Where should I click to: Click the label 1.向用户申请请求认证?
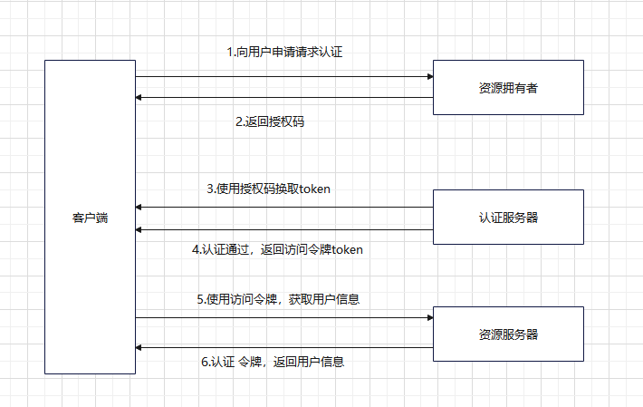pyautogui.click(x=284, y=53)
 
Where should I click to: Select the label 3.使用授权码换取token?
pyautogui.click(x=269, y=189)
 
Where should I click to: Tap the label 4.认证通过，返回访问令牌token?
pyautogui.click(x=277, y=249)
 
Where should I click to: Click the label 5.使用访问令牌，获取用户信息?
pyautogui.click(x=279, y=298)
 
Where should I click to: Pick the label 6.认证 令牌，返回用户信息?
pyautogui.click(x=272, y=362)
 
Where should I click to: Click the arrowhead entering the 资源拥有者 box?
pyautogui.click(x=429, y=76)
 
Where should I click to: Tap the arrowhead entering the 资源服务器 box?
pyautogui.click(x=429, y=318)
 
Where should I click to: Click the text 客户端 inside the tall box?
pyautogui.click(x=90, y=218)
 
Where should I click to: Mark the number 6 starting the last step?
pyautogui.click(x=204, y=362)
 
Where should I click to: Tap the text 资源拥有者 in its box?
pyautogui.click(x=508, y=88)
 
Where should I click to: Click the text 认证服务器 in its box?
pyautogui.click(x=508, y=218)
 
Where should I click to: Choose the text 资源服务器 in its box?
pyautogui.click(x=508, y=334)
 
